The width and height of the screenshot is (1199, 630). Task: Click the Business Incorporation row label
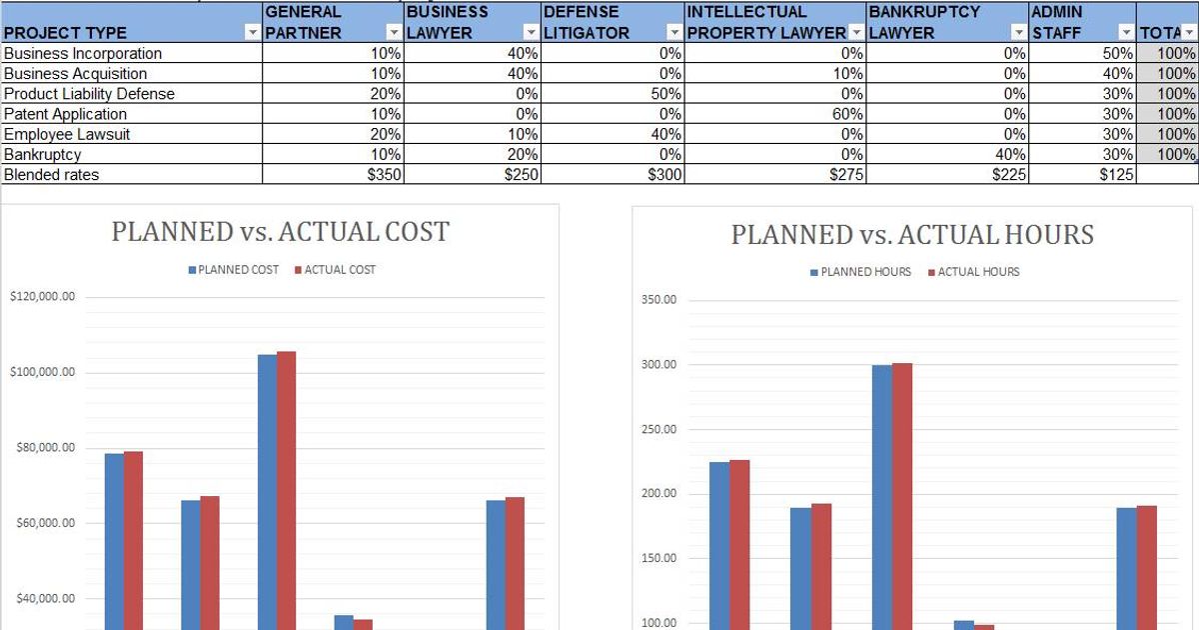[83, 53]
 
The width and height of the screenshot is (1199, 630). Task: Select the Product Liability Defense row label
[90, 94]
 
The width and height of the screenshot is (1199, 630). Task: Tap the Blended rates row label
[52, 174]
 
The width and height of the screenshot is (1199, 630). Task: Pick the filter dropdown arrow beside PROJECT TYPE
[252, 33]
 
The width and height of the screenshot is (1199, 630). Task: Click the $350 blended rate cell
[384, 174]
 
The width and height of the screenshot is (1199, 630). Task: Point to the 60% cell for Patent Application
[847, 114]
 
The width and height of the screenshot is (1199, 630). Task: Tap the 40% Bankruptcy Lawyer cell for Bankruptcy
[1010, 154]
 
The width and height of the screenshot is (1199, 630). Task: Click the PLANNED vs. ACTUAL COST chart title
[280, 232]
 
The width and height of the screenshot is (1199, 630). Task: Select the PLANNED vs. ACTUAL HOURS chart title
[912, 235]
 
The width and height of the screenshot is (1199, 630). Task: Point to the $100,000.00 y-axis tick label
[42, 372]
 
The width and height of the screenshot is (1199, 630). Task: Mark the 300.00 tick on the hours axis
[659, 365]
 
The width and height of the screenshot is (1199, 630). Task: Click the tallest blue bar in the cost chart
[267, 490]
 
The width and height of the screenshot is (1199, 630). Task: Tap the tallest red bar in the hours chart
[902, 495]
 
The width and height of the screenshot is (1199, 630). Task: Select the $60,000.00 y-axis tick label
[42, 523]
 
